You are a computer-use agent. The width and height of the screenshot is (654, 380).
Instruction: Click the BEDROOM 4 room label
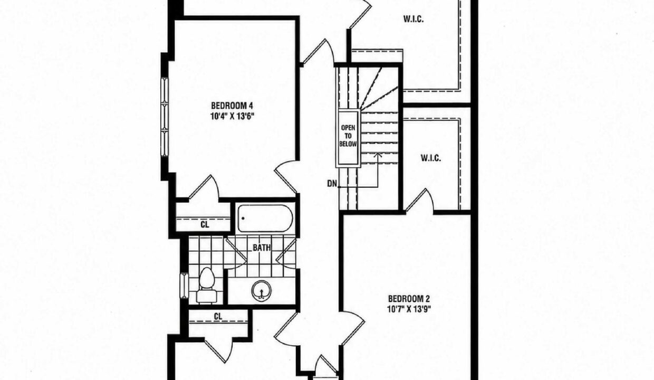(232, 106)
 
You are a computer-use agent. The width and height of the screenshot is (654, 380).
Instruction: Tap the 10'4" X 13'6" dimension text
(232, 117)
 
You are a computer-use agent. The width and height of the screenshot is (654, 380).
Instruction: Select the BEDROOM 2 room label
(409, 299)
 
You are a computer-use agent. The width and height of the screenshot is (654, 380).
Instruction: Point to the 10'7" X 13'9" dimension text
(409, 309)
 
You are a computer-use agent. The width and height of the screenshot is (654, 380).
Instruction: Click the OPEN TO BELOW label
(348, 136)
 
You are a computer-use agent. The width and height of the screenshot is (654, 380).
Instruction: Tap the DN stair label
(332, 184)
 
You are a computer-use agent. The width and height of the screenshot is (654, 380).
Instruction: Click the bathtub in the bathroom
(265, 218)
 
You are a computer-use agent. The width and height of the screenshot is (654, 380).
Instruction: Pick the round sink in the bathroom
(261, 291)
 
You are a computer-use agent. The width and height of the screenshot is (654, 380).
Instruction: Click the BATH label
(262, 248)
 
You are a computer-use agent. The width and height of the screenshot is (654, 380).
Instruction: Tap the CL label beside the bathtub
(205, 225)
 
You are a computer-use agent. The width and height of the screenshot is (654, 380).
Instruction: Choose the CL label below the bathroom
(218, 316)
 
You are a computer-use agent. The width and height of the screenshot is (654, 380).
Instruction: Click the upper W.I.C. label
(413, 20)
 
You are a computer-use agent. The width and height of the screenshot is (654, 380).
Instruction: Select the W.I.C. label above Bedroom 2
(431, 158)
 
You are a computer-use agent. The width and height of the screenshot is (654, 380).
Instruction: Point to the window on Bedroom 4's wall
(165, 117)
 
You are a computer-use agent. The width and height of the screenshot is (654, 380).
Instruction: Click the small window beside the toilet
(184, 286)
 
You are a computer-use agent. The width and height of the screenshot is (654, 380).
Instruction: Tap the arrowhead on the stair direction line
(378, 155)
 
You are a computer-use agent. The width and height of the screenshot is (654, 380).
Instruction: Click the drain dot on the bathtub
(243, 218)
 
